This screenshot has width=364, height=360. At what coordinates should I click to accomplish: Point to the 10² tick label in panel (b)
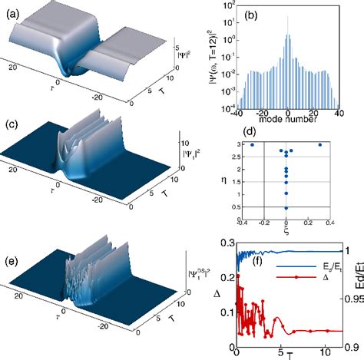(x=224, y=5)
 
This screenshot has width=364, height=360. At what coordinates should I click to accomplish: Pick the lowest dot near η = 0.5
(x=286, y=207)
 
